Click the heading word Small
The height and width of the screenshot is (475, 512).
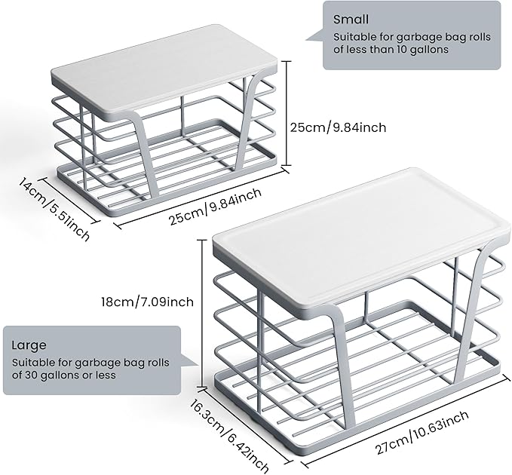(x=351, y=20)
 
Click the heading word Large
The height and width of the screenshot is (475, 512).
(x=29, y=345)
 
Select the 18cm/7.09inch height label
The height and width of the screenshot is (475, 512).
(x=147, y=302)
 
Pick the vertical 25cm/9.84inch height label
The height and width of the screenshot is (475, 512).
(x=339, y=127)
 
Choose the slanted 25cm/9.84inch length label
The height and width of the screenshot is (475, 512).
(x=216, y=207)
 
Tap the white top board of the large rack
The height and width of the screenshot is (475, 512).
(x=361, y=237)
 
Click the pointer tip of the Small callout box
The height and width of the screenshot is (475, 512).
(x=306, y=39)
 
